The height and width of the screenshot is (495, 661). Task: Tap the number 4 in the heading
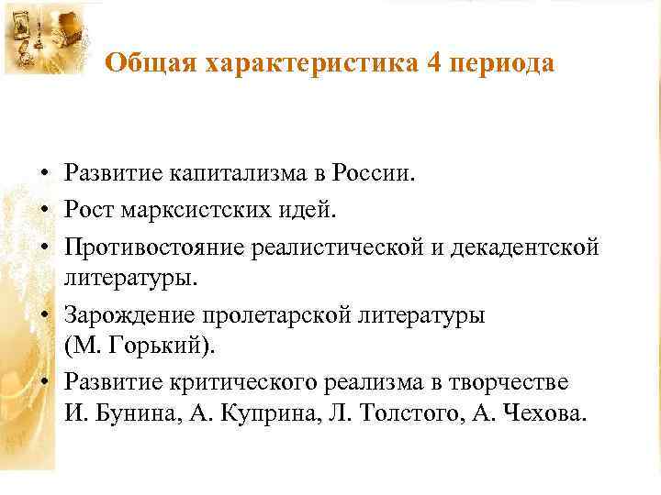[432, 63]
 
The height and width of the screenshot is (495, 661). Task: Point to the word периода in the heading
[501, 64]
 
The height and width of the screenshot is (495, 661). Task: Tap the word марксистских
[187, 211]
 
